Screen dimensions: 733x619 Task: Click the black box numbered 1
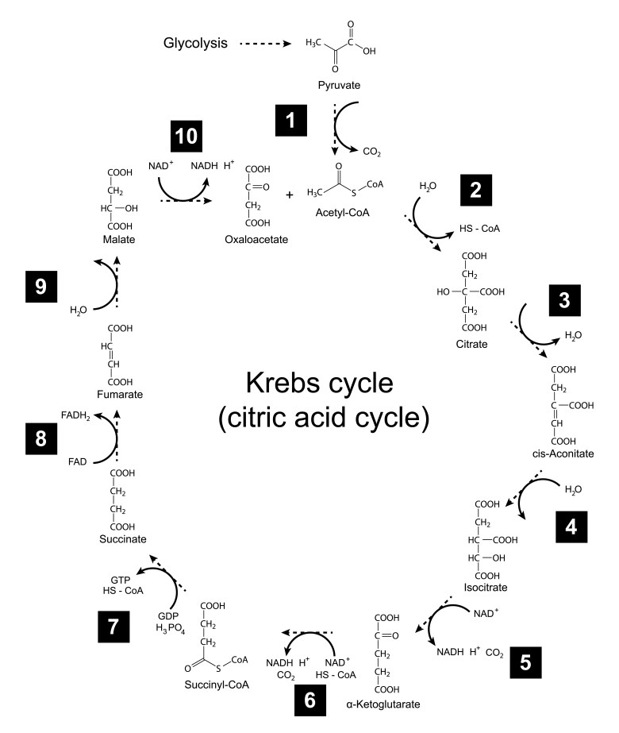[291, 121]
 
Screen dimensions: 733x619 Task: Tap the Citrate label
[471, 345]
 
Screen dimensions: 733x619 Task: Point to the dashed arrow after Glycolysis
[260, 44]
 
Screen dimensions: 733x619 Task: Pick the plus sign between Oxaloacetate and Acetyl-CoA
[290, 194]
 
